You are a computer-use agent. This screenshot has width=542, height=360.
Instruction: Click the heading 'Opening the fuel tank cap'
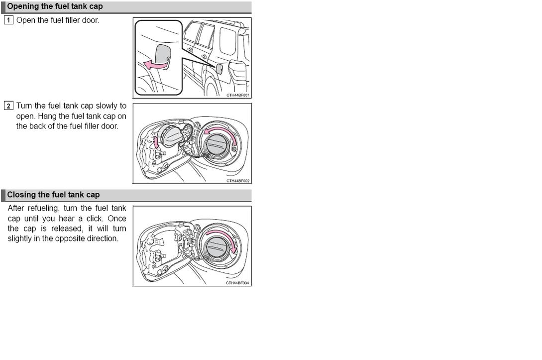55,6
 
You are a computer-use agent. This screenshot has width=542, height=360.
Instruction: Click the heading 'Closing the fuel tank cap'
53,195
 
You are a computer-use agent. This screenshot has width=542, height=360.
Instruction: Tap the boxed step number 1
8,20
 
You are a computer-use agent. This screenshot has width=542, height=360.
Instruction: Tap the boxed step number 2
8,106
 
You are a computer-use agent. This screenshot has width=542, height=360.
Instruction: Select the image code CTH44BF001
238,95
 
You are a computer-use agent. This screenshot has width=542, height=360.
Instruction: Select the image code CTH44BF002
238,181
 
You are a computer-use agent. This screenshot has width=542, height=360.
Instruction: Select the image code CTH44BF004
237,283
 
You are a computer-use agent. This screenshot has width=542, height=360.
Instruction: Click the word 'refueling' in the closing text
43,208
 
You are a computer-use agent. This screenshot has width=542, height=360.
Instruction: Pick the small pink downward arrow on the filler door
156,142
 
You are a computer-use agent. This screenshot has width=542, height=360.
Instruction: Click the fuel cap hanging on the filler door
169,135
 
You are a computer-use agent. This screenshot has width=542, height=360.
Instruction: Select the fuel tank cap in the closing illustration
217,246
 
